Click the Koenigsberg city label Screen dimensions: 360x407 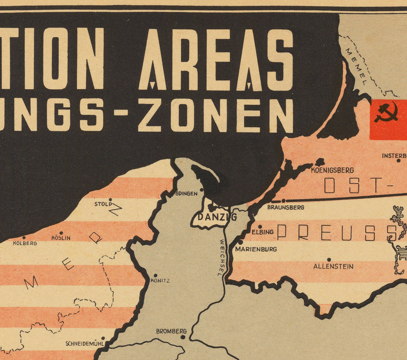point(332,171)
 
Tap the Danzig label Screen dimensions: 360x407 point(217,218)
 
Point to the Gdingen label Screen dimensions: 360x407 point(186,194)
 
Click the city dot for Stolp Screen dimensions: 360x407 point(110,199)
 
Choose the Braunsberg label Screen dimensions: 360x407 point(286,207)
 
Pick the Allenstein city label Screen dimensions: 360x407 point(333,266)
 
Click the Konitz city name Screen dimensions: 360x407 point(160,281)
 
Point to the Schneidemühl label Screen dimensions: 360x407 point(85,343)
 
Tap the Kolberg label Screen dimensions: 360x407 point(26,243)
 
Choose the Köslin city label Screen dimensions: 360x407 point(61,238)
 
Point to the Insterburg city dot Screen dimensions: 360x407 point(398,160)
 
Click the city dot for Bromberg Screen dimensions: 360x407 point(183,337)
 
